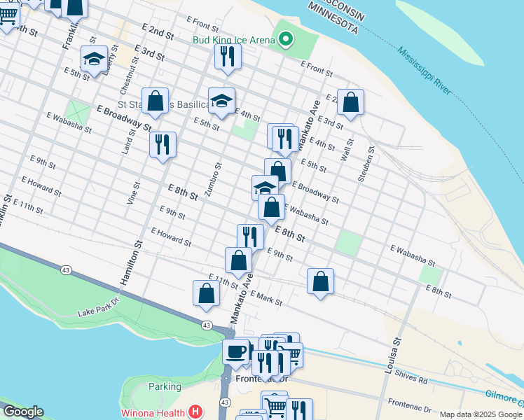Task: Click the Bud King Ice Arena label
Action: [x=233, y=40]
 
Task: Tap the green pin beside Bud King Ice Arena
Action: [x=284, y=39]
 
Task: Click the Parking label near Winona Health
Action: [x=165, y=386]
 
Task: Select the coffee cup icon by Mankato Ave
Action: [x=236, y=350]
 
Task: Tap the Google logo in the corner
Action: [x=22, y=412]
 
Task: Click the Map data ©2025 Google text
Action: [x=481, y=414]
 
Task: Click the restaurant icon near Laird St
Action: [x=162, y=145]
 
